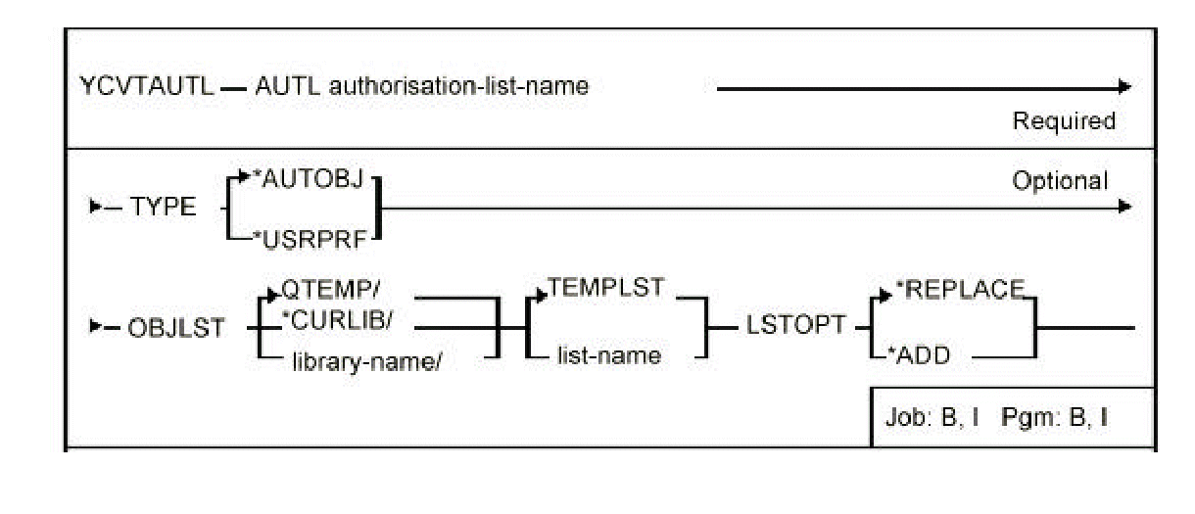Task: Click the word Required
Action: (x=1064, y=121)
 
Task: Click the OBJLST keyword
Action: (x=179, y=326)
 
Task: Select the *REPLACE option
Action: (x=967, y=287)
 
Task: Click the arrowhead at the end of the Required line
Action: (x=1125, y=86)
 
